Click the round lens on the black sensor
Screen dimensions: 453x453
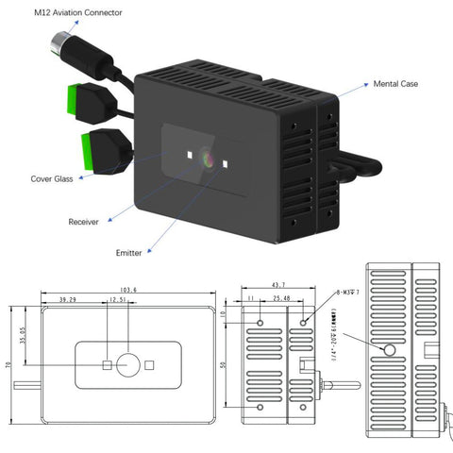click(208, 158)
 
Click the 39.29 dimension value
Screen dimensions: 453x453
click(67, 299)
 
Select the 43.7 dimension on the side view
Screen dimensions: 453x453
click(280, 285)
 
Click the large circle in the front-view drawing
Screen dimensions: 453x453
click(128, 364)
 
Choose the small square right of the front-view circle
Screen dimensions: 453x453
click(150, 364)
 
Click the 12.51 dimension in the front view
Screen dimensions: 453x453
click(117, 299)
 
